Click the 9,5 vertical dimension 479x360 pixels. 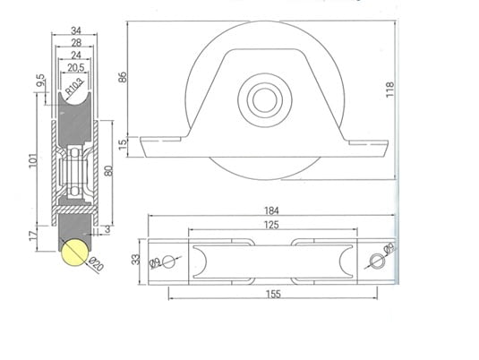click(40, 81)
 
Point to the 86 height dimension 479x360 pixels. click(124, 78)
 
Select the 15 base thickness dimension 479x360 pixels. click(124, 143)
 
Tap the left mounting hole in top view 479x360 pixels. click(168, 261)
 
